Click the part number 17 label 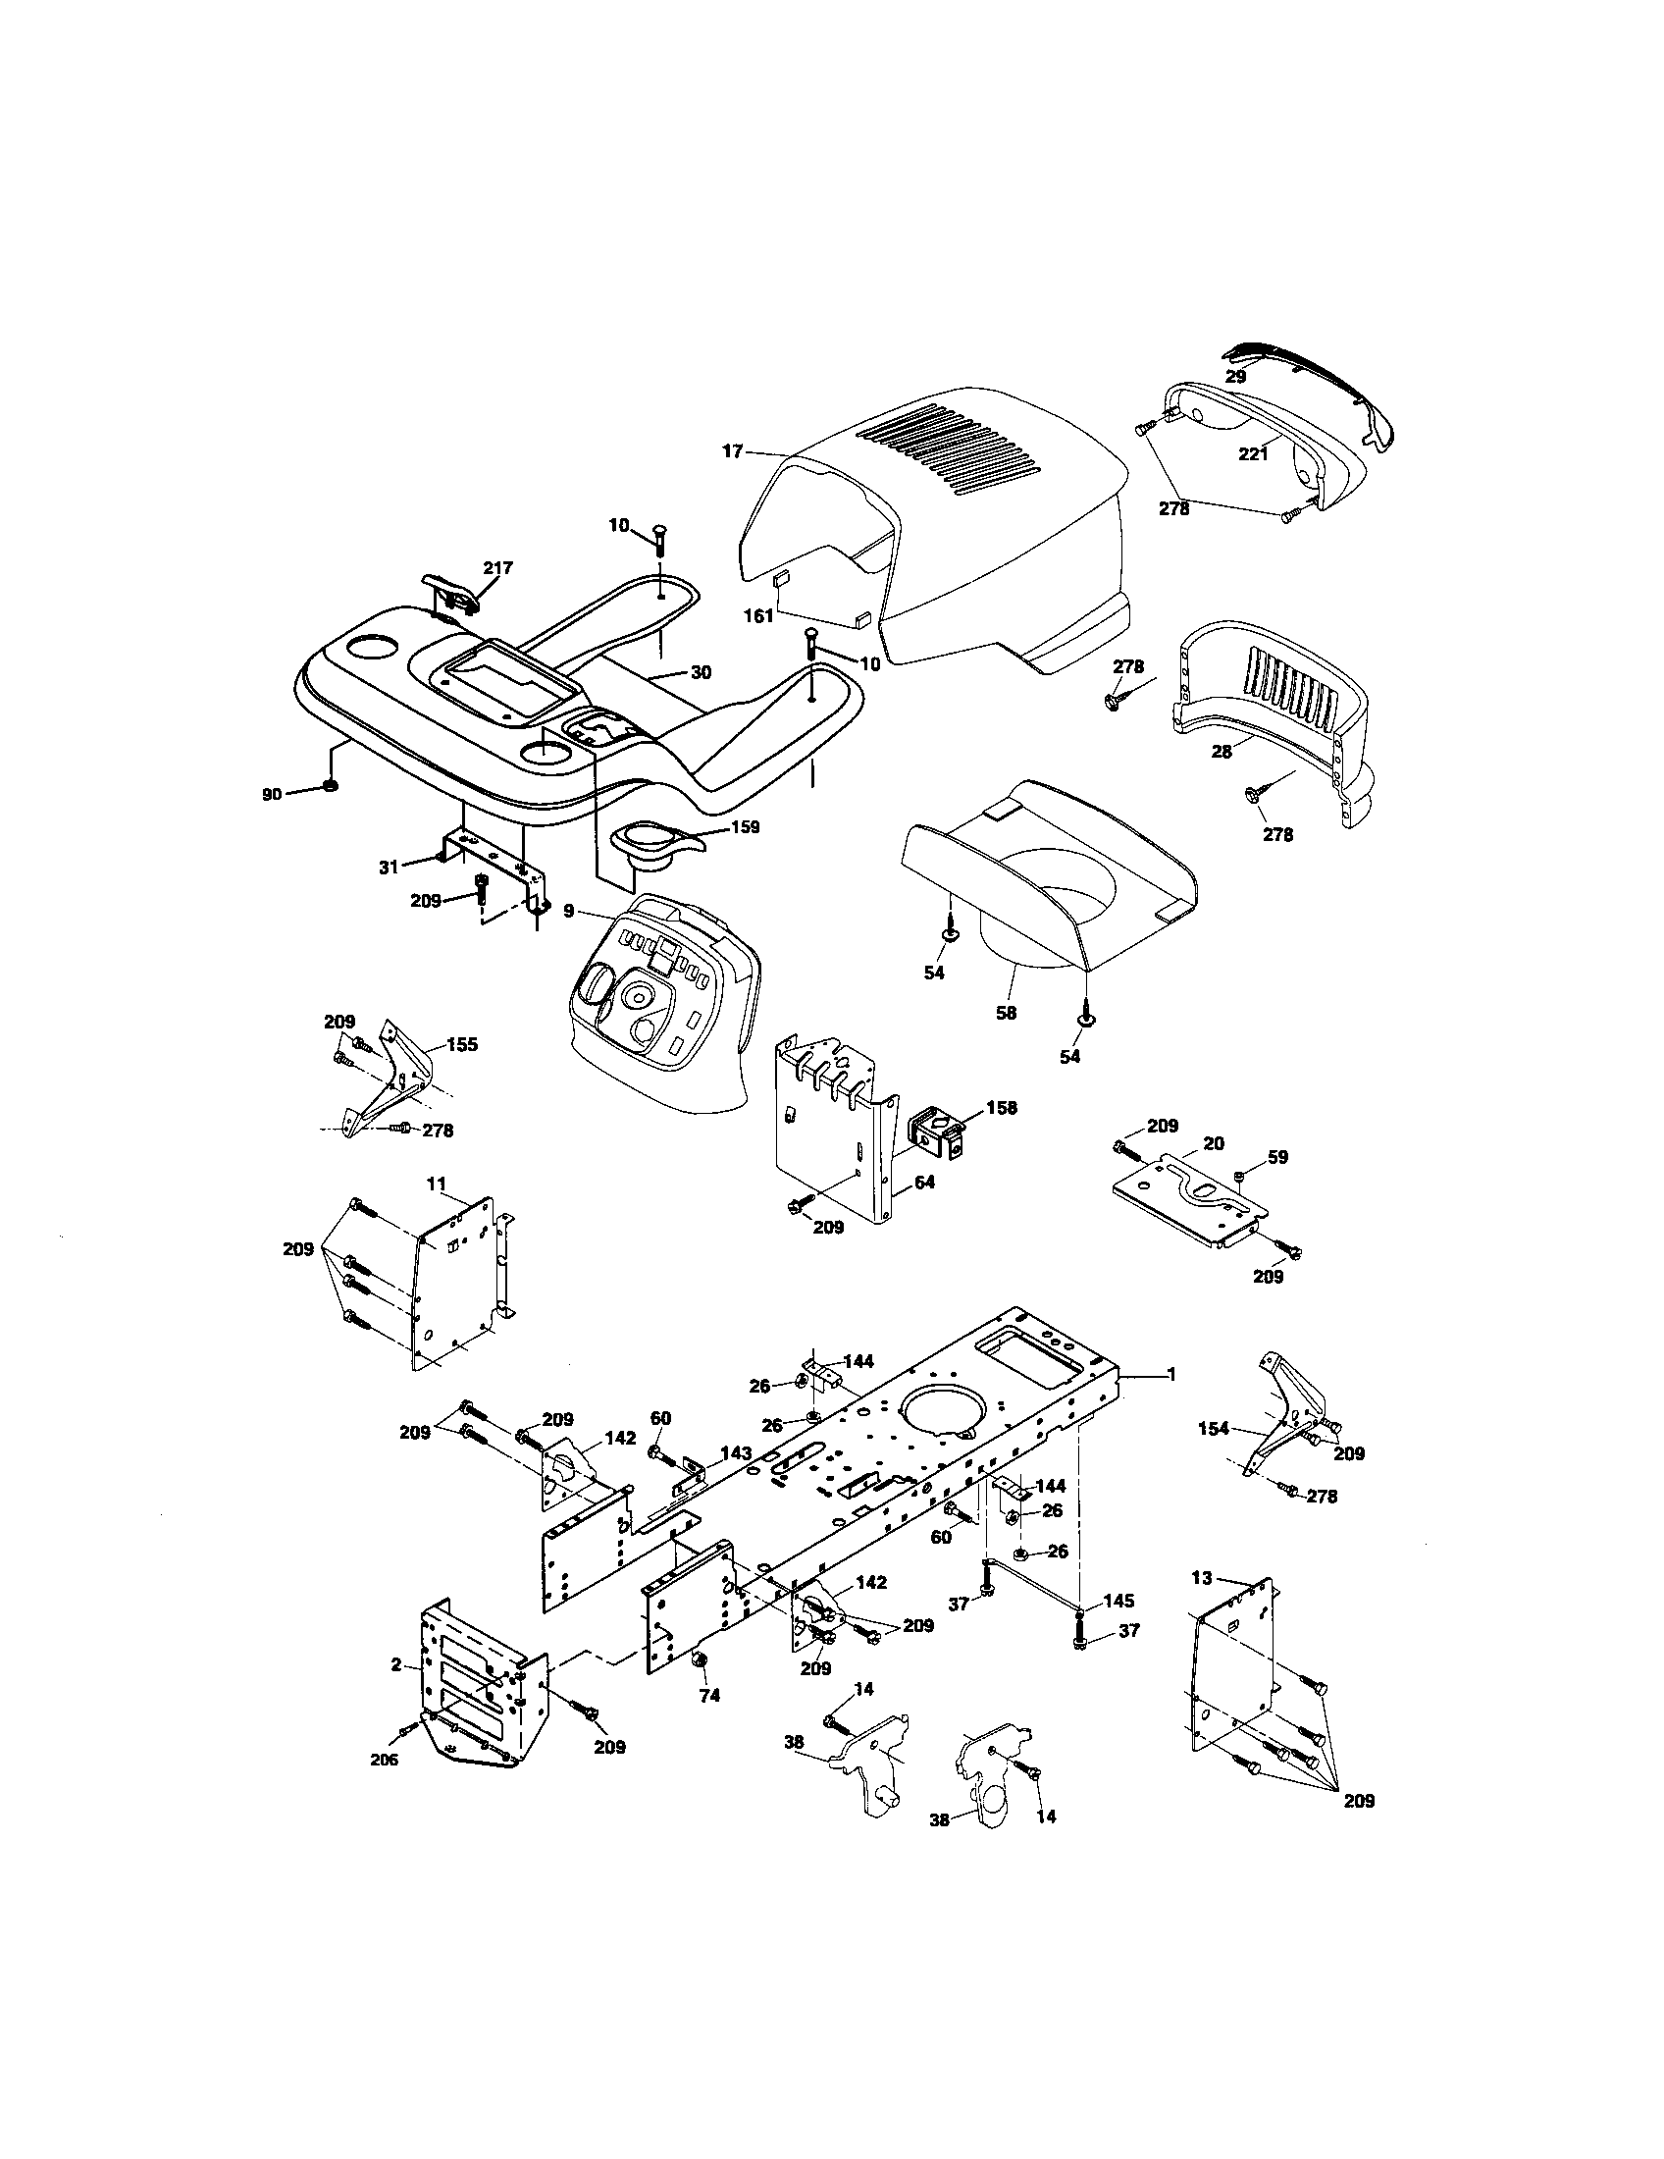[x=732, y=451]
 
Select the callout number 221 [x=1253, y=454]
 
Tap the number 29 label [x=1236, y=377]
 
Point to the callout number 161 [x=757, y=616]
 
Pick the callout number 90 [x=272, y=794]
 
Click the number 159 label [x=745, y=826]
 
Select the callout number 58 [x=1006, y=1014]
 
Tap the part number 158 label [x=1000, y=1107]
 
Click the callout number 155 [x=461, y=1044]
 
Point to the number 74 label [x=709, y=1696]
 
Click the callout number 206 [x=384, y=1759]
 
